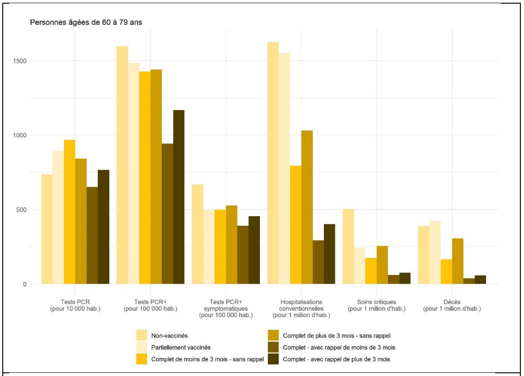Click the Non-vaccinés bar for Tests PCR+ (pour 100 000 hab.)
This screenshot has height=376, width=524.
pos(122,165)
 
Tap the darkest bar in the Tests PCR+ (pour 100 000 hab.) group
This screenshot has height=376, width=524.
pos(179,197)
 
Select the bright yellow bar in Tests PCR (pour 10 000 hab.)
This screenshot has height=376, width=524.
pos(69,212)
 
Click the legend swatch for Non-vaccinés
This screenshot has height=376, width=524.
pos(142,336)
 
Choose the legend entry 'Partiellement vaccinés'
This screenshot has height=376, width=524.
pos(180,347)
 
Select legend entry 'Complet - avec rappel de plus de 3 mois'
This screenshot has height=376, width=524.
pos(336,359)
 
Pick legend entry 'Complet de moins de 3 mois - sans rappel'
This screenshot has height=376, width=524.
pos(207,359)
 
